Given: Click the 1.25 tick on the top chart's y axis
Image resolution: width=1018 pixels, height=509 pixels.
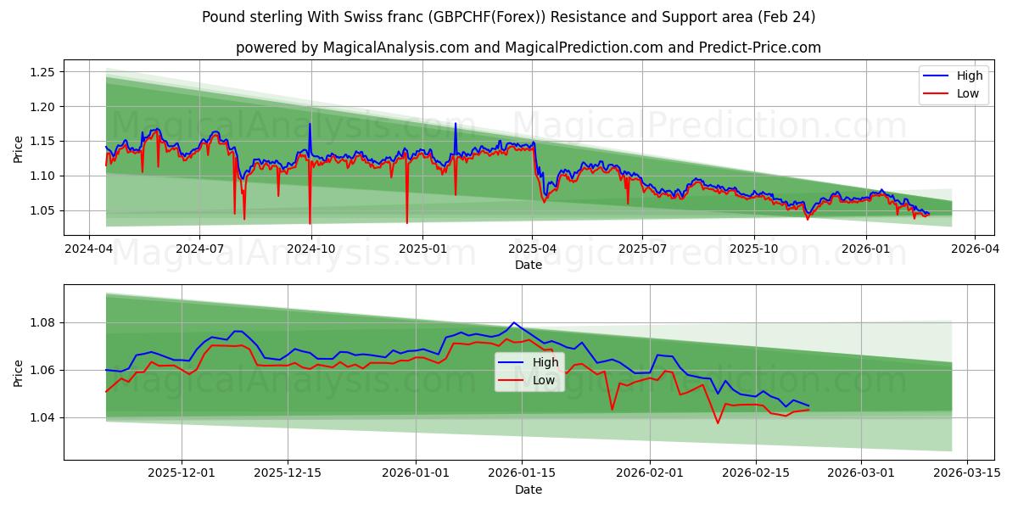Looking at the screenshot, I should pyautogui.click(x=42, y=72).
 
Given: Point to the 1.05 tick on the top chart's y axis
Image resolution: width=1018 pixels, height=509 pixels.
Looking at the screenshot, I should pyautogui.click(x=42, y=210).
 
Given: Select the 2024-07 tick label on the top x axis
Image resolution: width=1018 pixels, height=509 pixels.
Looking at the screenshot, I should pyautogui.click(x=199, y=249).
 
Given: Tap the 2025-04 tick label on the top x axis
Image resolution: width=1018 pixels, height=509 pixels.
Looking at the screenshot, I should pyautogui.click(x=532, y=249).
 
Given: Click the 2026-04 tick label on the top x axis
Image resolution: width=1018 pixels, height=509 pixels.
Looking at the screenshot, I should pyautogui.click(x=974, y=249).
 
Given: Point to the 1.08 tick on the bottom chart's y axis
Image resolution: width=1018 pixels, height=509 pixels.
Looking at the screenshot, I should pyautogui.click(x=42, y=322).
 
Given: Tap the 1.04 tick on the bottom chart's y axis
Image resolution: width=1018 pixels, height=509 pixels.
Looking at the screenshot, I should pyautogui.click(x=42, y=417).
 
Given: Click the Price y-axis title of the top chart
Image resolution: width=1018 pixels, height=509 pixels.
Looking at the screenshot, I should pyautogui.click(x=18, y=149).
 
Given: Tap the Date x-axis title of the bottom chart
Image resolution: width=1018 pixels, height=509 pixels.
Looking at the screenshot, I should pyautogui.click(x=528, y=489).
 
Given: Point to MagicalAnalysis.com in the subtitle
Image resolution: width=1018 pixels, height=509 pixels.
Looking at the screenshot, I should pyautogui.click(x=396, y=48).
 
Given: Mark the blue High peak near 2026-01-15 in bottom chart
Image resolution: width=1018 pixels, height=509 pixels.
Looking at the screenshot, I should pyautogui.click(x=514, y=322).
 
